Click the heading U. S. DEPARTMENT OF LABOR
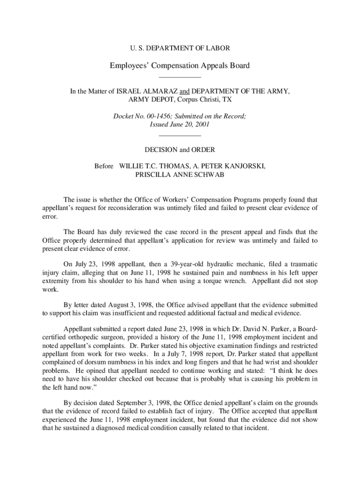pyautogui.click(x=180, y=48)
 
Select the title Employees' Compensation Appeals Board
pyautogui.click(x=180, y=65)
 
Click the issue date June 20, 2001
pyautogui.click(x=188, y=125)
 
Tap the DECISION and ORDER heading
pyautogui.click(x=180, y=150)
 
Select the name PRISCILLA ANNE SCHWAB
pyautogui.click(x=180, y=174)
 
